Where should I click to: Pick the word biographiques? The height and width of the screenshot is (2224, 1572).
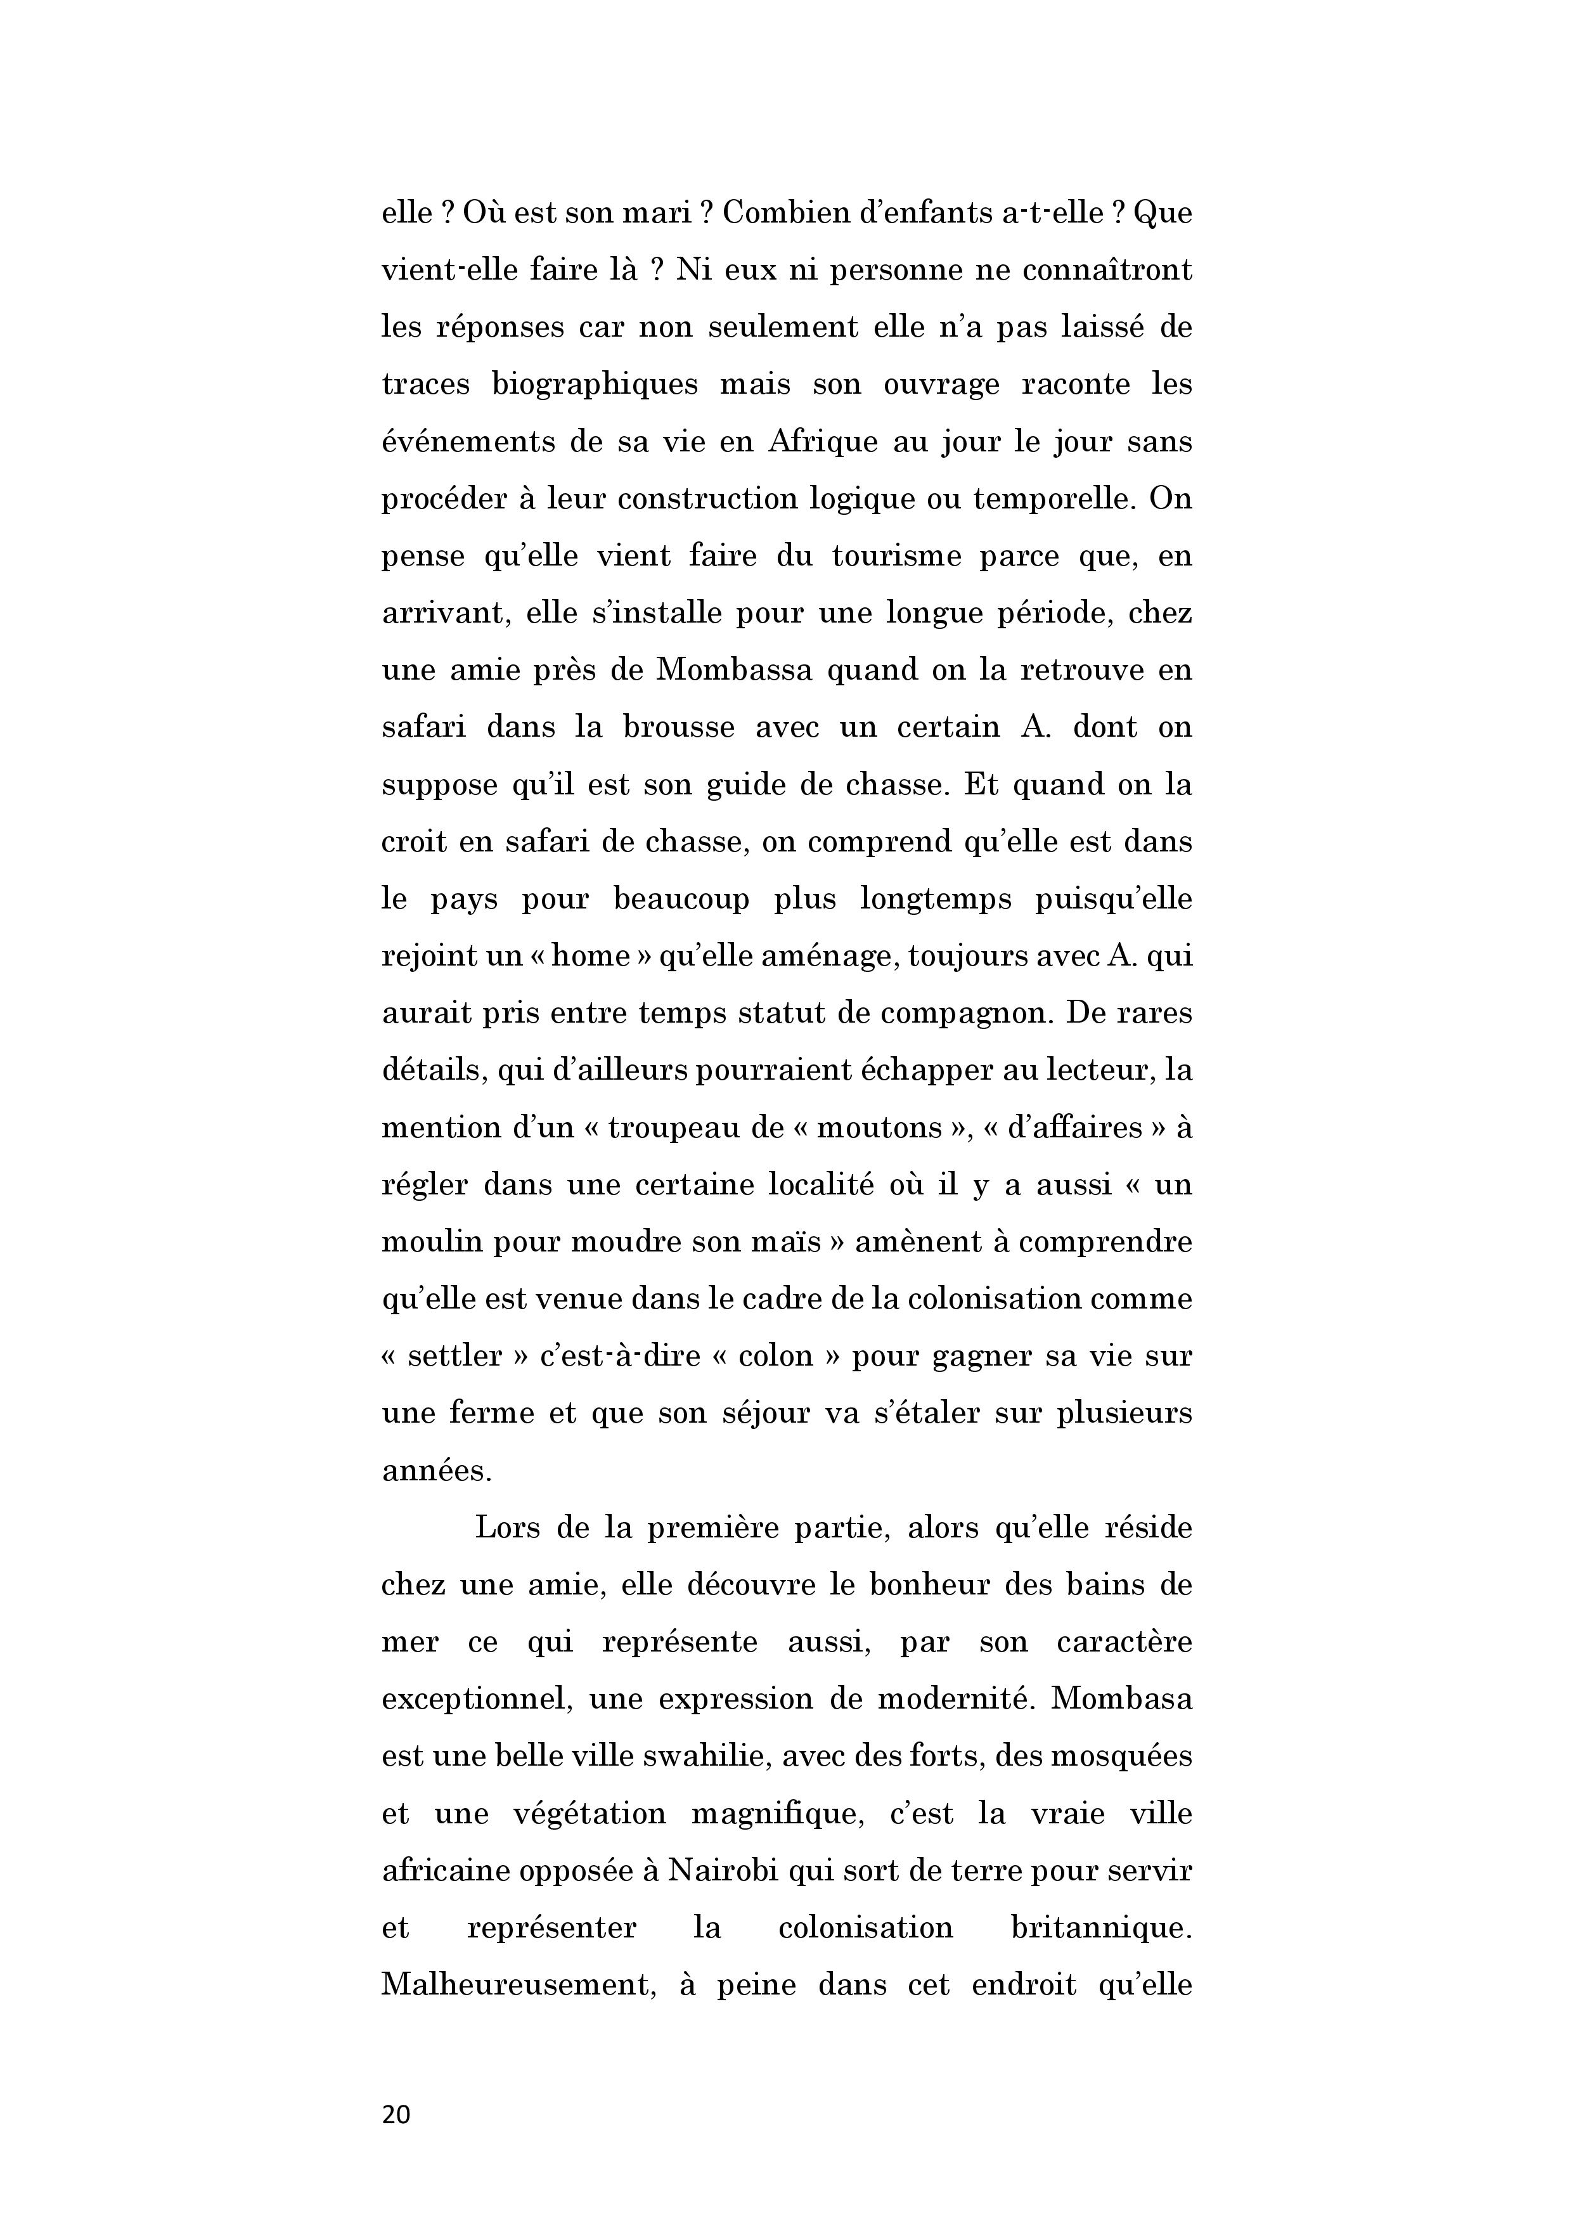(x=595, y=385)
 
